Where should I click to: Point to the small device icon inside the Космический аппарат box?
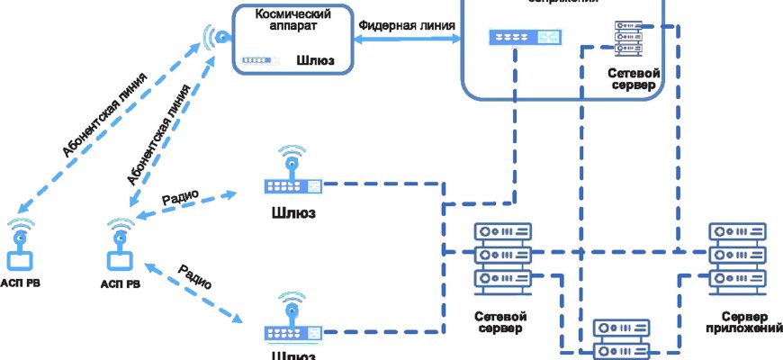256,61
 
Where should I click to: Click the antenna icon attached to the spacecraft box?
216,39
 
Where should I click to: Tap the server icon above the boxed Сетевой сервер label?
620,39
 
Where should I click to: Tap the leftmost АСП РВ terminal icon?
20,247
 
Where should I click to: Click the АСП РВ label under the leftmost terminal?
21,283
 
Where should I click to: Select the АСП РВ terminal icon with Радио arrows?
120,247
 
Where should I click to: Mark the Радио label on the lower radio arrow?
195,276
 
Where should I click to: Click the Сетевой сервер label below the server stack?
500,323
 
